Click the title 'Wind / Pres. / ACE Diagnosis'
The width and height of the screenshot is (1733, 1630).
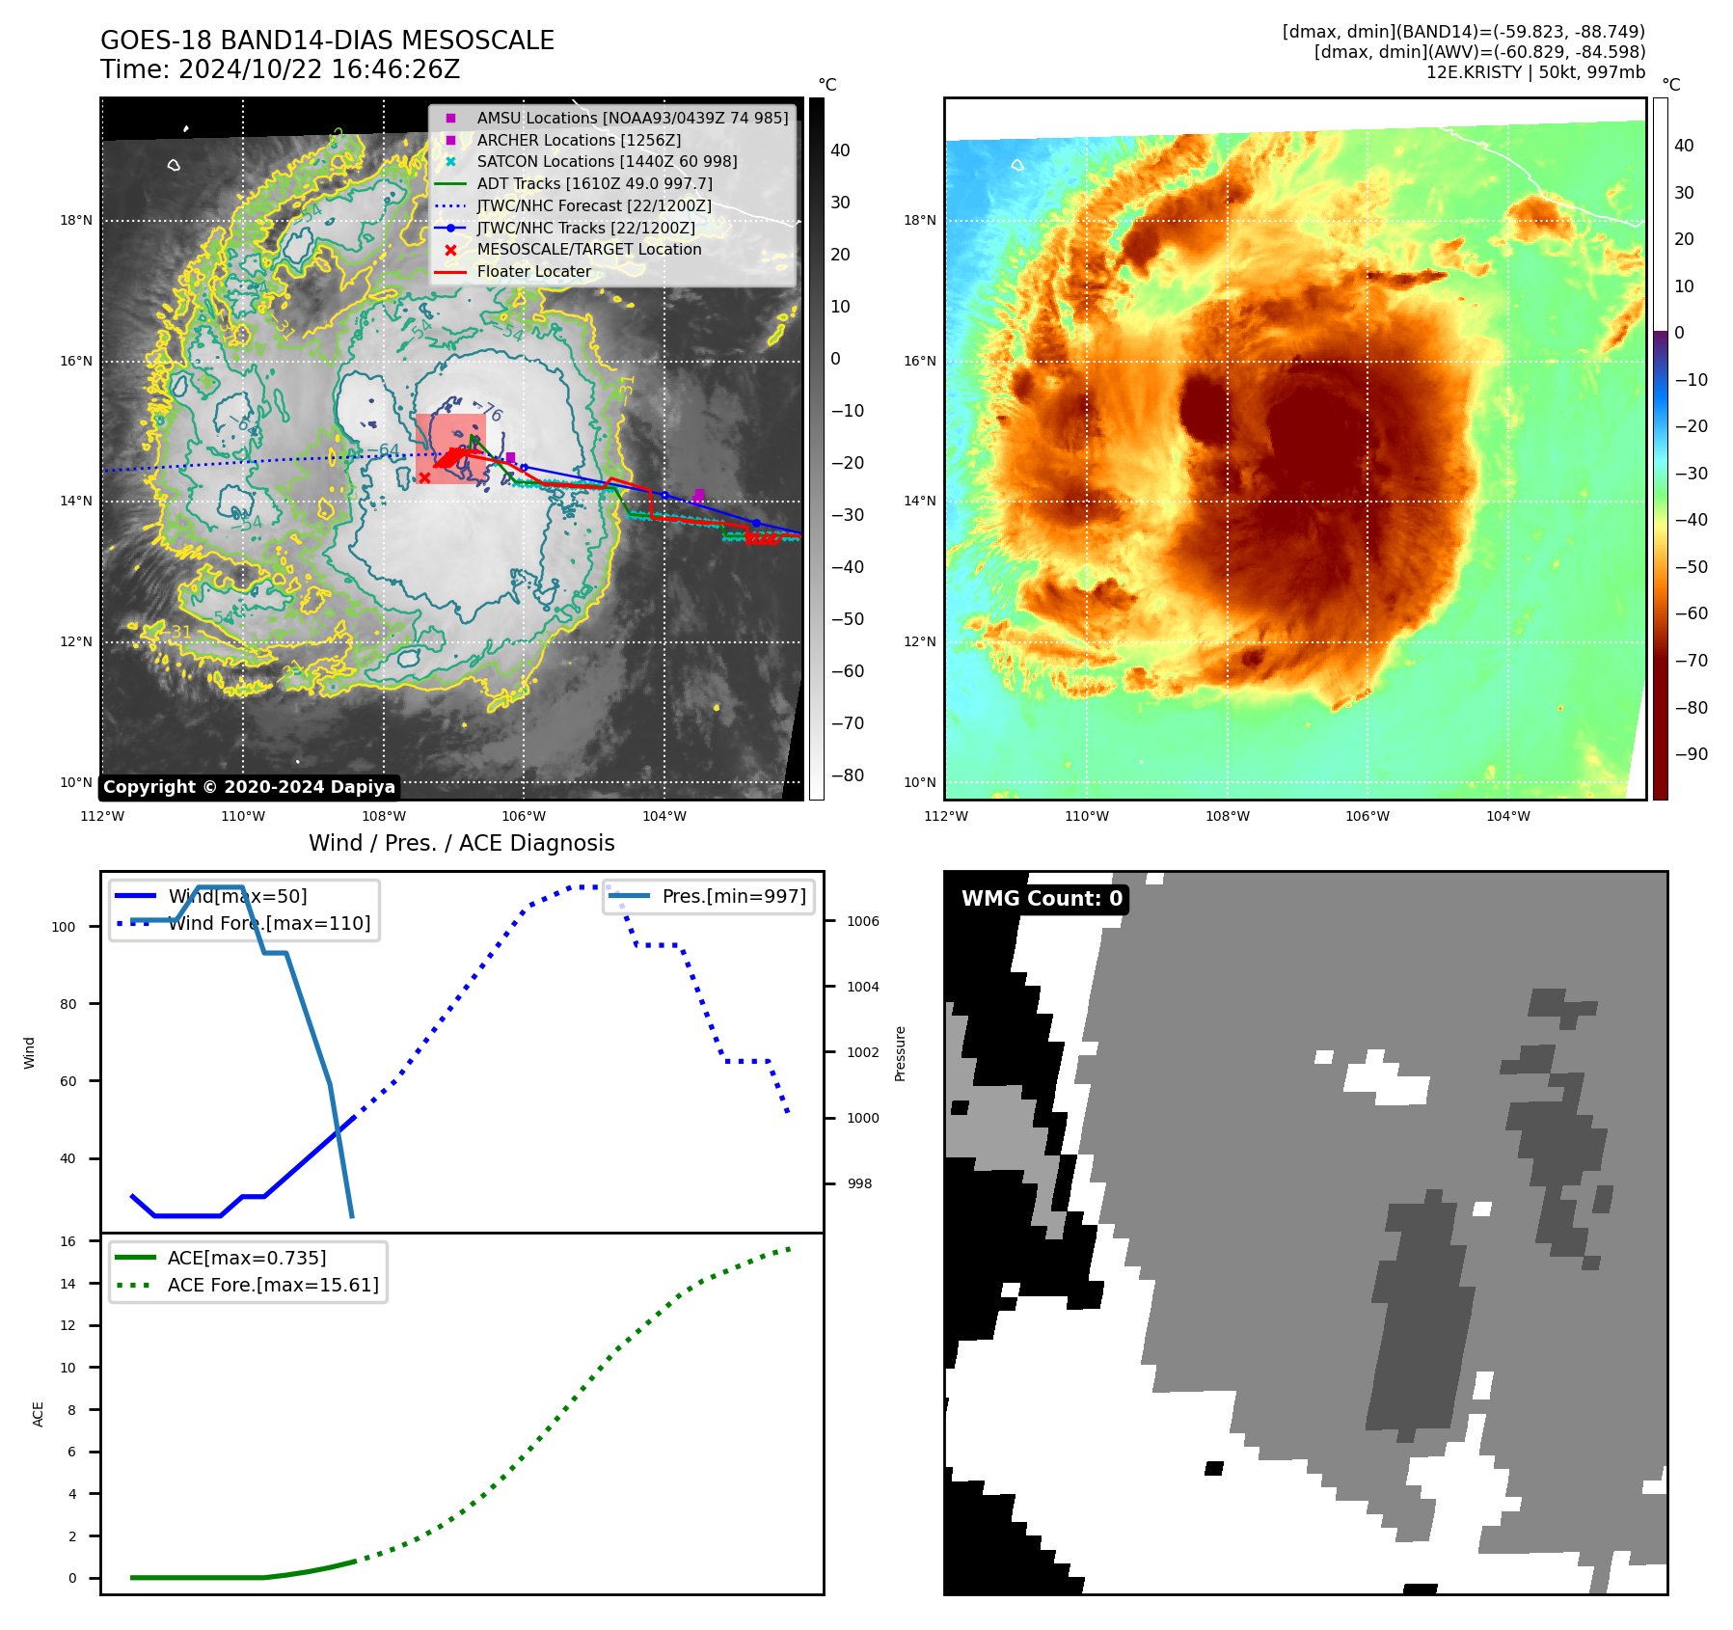(x=461, y=843)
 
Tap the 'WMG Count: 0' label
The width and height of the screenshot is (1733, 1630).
(x=1042, y=899)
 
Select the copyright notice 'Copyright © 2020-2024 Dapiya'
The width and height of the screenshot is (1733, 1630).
(x=249, y=787)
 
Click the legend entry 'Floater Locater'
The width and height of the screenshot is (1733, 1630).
(x=533, y=272)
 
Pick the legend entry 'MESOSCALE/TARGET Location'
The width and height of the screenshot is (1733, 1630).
(x=588, y=250)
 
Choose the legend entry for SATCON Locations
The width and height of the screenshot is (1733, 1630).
(x=607, y=162)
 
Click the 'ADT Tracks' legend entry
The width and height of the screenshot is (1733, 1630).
(x=594, y=184)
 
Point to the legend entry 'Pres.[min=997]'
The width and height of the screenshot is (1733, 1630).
(x=733, y=897)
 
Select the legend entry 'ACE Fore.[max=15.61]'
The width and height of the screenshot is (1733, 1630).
(x=273, y=1286)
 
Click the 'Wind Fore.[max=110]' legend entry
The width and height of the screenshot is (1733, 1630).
(x=269, y=924)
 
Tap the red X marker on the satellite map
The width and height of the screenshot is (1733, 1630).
(x=424, y=477)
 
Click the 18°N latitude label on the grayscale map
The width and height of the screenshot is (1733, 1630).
(x=76, y=221)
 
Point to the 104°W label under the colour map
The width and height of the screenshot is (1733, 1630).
(x=1507, y=817)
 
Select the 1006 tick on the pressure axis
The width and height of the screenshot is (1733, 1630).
(x=862, y=922)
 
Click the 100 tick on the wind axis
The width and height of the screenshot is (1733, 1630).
(x=64, y=928)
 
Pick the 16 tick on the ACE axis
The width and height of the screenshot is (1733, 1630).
(x=68, y=1242)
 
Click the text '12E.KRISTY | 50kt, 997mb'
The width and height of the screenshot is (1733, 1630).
(x=1535, y=72)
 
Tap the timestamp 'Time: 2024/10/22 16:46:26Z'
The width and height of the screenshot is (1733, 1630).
(x=280, y=70)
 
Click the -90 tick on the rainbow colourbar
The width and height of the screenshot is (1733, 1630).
(x=1691, y=754)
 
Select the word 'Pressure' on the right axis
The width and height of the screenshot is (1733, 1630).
(x=900, y=1053)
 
